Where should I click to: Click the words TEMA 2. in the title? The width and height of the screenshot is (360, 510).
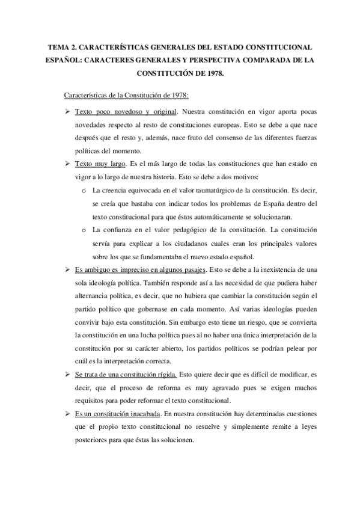pyautogui.click(x=61, y=46)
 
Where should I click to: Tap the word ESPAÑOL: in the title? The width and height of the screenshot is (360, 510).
pyautogui.click(x=63, y=61)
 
